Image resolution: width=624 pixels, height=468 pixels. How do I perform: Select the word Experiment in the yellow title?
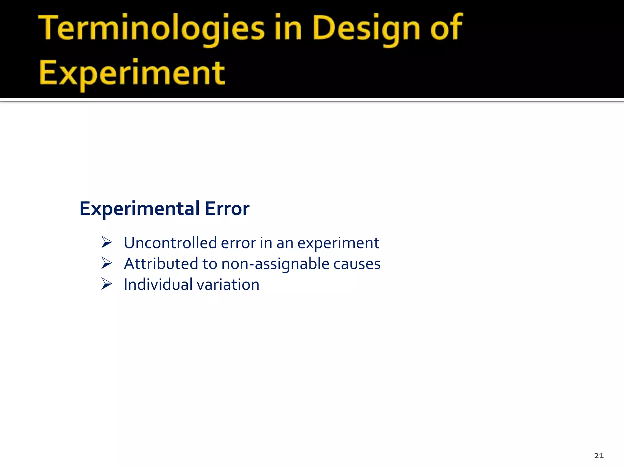coord(132,73)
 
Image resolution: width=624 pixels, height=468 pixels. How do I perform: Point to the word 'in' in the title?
coord(288,28)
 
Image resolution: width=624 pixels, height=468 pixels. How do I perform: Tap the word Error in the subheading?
coord(227,209)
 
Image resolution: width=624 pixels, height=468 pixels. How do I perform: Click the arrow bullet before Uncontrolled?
coord(107,243)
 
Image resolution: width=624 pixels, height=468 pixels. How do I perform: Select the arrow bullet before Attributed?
coord(107,263)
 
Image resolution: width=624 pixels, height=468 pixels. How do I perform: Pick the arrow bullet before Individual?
coord(107,284)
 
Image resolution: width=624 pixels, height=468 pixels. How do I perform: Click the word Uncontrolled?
coord(170,243)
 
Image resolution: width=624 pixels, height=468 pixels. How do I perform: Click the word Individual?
coord(158,285)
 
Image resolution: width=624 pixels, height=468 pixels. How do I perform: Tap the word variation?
coord(228,285)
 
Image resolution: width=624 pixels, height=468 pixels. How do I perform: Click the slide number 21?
coord(599,456)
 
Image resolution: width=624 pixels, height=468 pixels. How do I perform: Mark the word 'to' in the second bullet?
coord(210,264)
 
